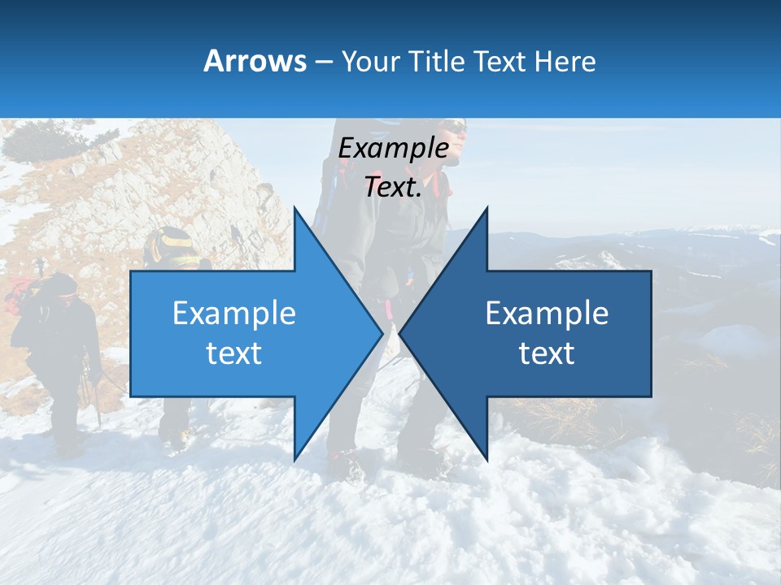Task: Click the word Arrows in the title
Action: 255,61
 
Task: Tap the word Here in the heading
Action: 565,61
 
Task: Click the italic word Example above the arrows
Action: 393,148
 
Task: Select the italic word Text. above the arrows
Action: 393,188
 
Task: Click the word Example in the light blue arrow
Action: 234,313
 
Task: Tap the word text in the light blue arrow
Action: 234,353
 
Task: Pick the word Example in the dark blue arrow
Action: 547,313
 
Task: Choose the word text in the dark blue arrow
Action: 547,353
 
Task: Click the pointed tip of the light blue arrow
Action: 382,333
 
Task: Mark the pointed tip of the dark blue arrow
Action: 400,333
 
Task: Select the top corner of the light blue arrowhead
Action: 295,208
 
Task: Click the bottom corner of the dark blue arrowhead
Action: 486,460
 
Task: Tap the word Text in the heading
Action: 500,61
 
